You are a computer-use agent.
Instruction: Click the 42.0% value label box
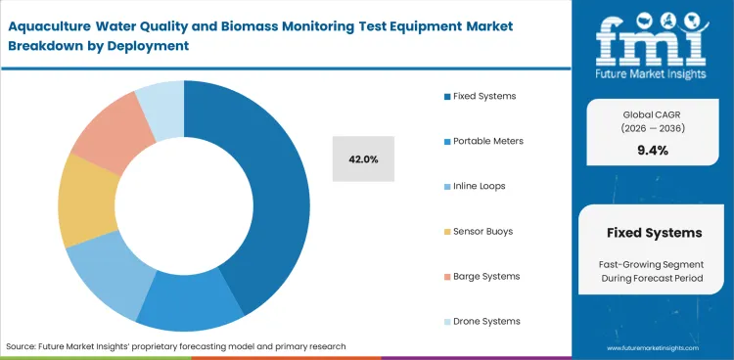(x=363, y=158)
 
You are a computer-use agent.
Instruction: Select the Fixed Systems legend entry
(x=483, y=96)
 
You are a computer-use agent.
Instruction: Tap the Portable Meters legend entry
(x=487, y=141)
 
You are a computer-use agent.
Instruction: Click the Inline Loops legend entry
(x=479, y=186)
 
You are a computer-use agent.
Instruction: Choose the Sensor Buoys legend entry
(x=482, y=231)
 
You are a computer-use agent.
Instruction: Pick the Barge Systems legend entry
(x=485, y=276)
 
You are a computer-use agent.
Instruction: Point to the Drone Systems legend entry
(x=486, y=321)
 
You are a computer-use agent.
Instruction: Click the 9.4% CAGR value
(x=652, y=150)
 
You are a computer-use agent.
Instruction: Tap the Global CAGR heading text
(x=652, y=115)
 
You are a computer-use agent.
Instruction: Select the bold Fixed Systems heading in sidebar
(x=654, y=234)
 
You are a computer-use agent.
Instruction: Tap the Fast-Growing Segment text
(x=652, y=264)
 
